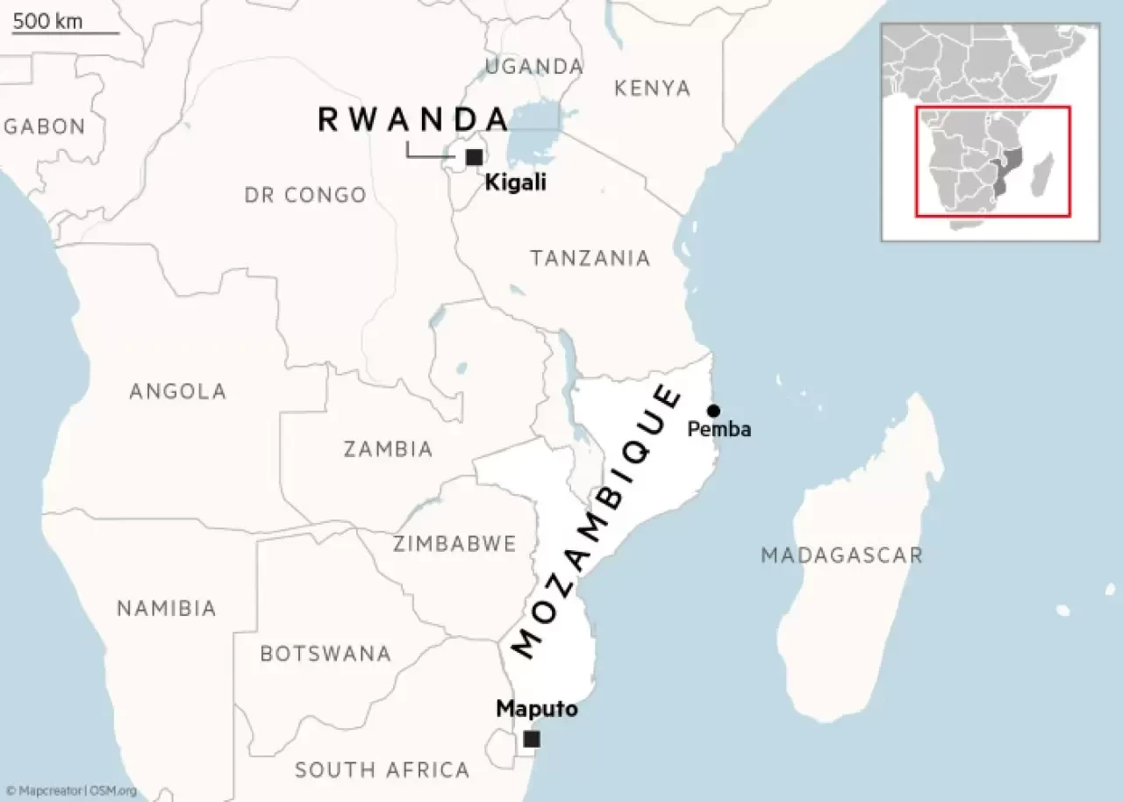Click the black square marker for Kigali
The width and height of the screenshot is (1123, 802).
click(x=474, y=157)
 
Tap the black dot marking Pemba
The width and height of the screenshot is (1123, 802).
click(x=713, y=411)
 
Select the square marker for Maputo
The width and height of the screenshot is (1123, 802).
click(x=531, y=740)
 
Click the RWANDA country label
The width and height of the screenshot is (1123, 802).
click(x=413, y=119)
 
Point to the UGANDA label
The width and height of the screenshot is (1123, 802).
click(x=534, y=66)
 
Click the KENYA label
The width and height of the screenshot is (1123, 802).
click(x=652, y=88)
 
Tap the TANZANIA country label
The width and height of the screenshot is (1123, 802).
click(x=590, y=258)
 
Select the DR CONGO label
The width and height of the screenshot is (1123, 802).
click(x=305, y=195)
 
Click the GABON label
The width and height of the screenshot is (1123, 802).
click(x=45, y=126)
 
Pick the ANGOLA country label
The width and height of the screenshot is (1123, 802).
click(x=177, y=391)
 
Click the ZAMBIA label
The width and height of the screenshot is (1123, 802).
click(x=388, y=449)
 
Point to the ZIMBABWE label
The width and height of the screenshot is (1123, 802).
click(x=454, y=544)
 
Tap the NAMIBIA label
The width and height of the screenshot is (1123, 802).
click(x=166, y=608)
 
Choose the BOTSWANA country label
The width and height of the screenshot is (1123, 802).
click(x=325, y=654)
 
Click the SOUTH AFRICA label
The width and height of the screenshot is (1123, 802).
click(x=383, y=770)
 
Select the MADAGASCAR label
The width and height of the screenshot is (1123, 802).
click(x=841, y=555)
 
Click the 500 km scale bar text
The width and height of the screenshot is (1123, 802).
click(x=47, y=21)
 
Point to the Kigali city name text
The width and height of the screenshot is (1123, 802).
click(x=516, y=183)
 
